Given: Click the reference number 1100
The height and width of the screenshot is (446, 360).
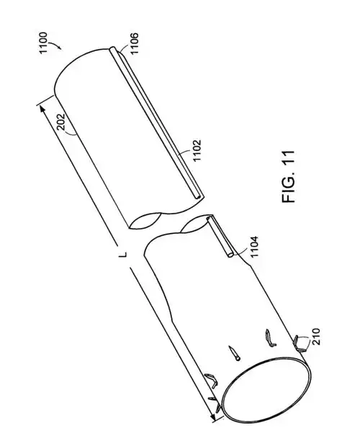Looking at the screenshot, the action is (x=42, y=43).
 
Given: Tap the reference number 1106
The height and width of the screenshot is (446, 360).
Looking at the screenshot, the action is (x=134, y=43).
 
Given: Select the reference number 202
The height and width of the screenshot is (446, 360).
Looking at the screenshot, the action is (x=61, y=122).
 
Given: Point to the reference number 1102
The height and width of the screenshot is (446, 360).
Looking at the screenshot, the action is (x=197, y=150).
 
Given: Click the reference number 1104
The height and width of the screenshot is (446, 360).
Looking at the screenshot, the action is (x=254, y=246).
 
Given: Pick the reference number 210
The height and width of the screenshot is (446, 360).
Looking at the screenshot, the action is (x=315, y=337).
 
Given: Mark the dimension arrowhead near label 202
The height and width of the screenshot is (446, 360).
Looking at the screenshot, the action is (x=42, y=109).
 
